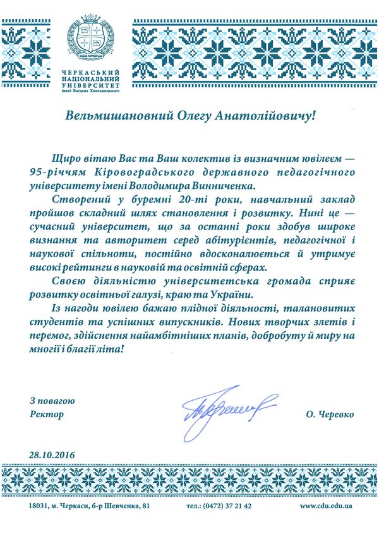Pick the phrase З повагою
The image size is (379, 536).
click(53, 401)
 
